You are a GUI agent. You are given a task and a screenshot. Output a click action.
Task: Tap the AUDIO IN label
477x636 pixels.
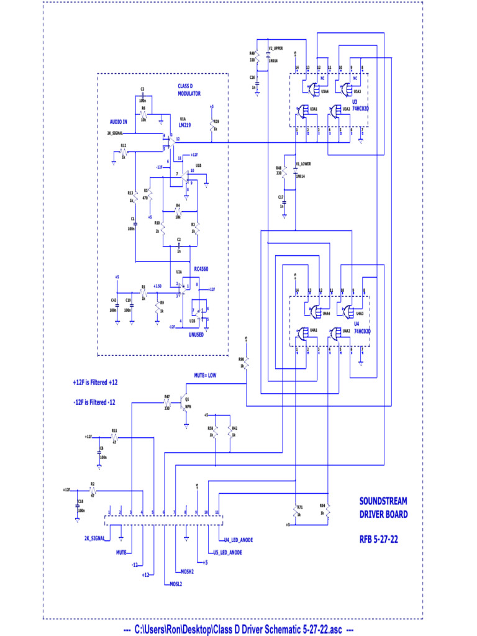pyautogui.click(x=118, y=122)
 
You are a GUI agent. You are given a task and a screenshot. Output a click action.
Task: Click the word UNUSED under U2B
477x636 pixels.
pyautogui.click(x=196, y=334)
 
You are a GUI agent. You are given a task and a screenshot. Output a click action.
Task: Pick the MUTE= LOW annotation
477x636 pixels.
pyautogui.click(x=205, y=375)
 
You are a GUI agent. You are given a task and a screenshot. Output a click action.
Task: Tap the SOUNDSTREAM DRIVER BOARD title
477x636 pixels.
pyautogui.click(x=383, y=507)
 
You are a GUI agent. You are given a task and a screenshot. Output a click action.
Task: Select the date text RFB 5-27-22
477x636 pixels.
pyautogui.click(x=379, y=539)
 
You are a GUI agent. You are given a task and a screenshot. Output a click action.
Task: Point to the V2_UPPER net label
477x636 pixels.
pyautogui.click(x=276, y=48)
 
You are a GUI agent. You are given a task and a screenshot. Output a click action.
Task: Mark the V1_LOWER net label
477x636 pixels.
pyautogui.click(x=303, y=164)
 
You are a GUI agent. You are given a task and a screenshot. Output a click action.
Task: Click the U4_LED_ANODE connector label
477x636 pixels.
pyautogui.click(x=238, y=540)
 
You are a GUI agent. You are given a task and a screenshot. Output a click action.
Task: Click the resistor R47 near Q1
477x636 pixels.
pyautogui.click(x=167, y=402)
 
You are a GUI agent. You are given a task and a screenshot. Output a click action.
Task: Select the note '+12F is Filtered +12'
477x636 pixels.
pyautogui.click(x=96, y=383)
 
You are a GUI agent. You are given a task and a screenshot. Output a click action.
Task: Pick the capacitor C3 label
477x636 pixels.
pyautogui.click(x=142, y=89)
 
